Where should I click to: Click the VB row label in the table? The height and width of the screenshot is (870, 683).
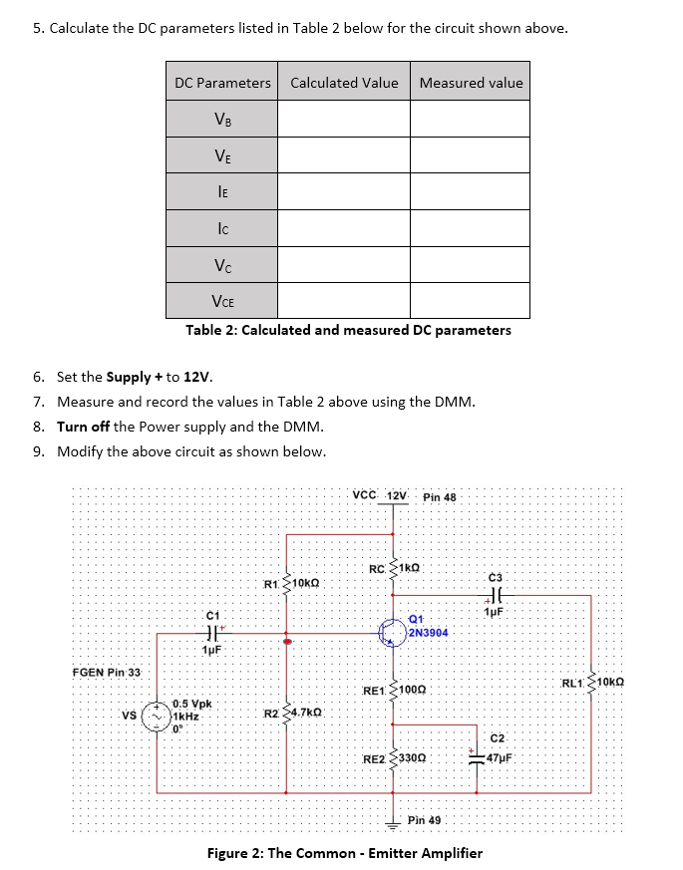tap(221, 119)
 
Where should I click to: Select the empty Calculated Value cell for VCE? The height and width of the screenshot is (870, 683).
tap(344, 300)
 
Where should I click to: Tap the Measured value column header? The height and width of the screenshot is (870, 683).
tap(471, 83)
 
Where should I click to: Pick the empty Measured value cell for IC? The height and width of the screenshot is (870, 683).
tap(471, 227)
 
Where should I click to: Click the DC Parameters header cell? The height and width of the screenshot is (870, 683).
tap(222, 83)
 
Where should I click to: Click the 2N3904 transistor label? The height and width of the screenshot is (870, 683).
tap(428, 633)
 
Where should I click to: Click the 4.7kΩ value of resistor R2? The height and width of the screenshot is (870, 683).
tap(304, 714)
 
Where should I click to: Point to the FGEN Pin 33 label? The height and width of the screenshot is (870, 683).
tap(107, 673)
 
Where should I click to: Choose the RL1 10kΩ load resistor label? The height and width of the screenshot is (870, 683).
tap(592, 683)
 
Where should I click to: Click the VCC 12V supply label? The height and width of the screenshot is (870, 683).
tap(381, 495)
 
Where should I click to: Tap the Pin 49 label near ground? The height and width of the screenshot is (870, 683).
tap(424, 820)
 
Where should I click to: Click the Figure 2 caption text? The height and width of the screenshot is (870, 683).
tap(344, 853)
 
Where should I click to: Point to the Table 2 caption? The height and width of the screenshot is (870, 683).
tap(348, 330)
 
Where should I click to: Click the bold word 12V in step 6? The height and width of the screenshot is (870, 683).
tap(198, 377)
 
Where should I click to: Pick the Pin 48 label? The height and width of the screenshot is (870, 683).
tap(439, 496)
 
